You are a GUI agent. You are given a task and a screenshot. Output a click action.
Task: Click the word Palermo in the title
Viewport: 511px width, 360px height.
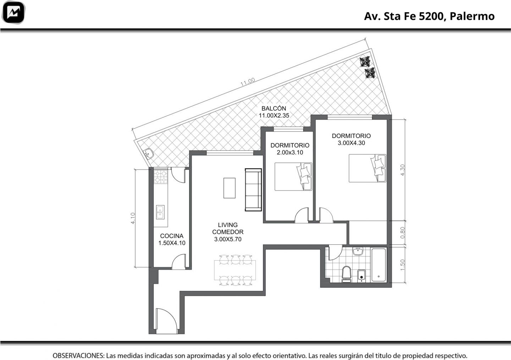(x=472, y=16)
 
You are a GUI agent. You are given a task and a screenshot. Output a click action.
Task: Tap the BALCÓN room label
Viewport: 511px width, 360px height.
(x=274, y=108)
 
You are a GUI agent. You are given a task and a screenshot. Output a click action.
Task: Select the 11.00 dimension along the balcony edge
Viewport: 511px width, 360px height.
(x=248, y=82)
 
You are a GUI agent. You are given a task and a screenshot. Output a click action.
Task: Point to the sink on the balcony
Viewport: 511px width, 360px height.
(x=149, y=153)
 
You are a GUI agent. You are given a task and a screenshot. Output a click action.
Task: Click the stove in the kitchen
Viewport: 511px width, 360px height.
(x=160, y=177)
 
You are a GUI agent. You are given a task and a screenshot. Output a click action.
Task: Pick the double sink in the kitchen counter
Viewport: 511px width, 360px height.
(x=160, y=212)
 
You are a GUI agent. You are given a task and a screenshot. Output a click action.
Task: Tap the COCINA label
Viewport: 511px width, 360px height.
(x=171, y=236)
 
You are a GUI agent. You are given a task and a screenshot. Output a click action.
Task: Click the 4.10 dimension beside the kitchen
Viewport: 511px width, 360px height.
(x=133, y=218)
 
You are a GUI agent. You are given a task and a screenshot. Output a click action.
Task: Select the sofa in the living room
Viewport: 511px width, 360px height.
(x=253, y=190)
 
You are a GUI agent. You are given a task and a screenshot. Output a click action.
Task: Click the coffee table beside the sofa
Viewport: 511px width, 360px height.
(x=229, y=188)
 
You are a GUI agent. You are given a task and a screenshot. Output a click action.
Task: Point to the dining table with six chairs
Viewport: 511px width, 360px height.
(x=235, y=270)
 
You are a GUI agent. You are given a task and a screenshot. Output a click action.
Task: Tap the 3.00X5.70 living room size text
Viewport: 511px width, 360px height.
(x=228, y=239)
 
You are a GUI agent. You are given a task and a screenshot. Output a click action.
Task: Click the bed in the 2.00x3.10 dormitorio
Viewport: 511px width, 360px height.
(x=293, y=177)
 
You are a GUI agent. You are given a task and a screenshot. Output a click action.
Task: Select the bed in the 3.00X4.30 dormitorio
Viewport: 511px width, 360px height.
(x=367, y=168)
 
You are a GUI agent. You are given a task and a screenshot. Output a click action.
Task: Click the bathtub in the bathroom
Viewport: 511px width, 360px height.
(x=379, y=265)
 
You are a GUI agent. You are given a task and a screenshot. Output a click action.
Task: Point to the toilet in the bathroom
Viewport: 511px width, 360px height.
(x=346, y=275)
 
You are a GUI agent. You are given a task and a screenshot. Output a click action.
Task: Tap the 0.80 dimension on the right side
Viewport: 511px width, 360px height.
(x=402, y=233)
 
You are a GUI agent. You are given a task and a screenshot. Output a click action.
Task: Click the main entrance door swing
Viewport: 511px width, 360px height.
(x=166, y=321)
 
